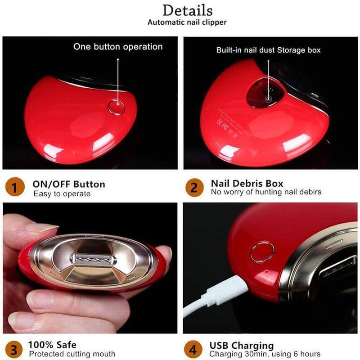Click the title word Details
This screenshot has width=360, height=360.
tap(188, 10)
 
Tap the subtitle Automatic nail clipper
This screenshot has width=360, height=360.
tap(187, 22)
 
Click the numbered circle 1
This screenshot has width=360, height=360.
tap(15, 187)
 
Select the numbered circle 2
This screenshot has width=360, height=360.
tap(194, 187)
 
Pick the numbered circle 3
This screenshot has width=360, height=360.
tap(14, 350)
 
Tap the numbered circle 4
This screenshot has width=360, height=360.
tap(193, 350)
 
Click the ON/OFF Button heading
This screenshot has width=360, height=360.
tap(69, 184)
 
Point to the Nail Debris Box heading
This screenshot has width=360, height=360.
tap(247, 184)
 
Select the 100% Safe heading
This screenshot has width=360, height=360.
tap(52, 345)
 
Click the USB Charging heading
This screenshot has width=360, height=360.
tap(242, 346)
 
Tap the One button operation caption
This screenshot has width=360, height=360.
tap(118, 47)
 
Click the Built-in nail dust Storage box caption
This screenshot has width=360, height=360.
tap(268, 50)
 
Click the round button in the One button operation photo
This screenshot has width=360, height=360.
tap(117, 107)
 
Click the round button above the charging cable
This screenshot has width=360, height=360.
tap(262, 252)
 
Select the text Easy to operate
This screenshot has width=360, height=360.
tap(62, 194)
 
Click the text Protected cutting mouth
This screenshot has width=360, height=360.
tap(72, 354)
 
